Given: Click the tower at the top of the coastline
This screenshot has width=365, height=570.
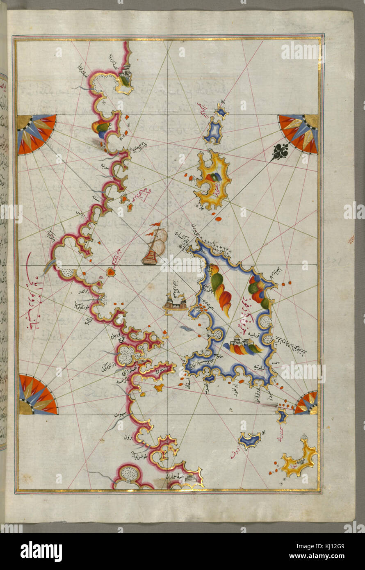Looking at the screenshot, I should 126,74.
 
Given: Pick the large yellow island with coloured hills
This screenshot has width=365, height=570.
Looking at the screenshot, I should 212,180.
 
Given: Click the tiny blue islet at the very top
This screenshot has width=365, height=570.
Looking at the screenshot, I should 222,112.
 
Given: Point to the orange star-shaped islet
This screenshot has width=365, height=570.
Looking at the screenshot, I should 159,387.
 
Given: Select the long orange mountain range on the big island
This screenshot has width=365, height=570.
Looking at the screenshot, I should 220,289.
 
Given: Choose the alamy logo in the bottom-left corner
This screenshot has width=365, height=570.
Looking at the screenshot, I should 41,551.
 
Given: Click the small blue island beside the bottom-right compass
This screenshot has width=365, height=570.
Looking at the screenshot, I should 281,415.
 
